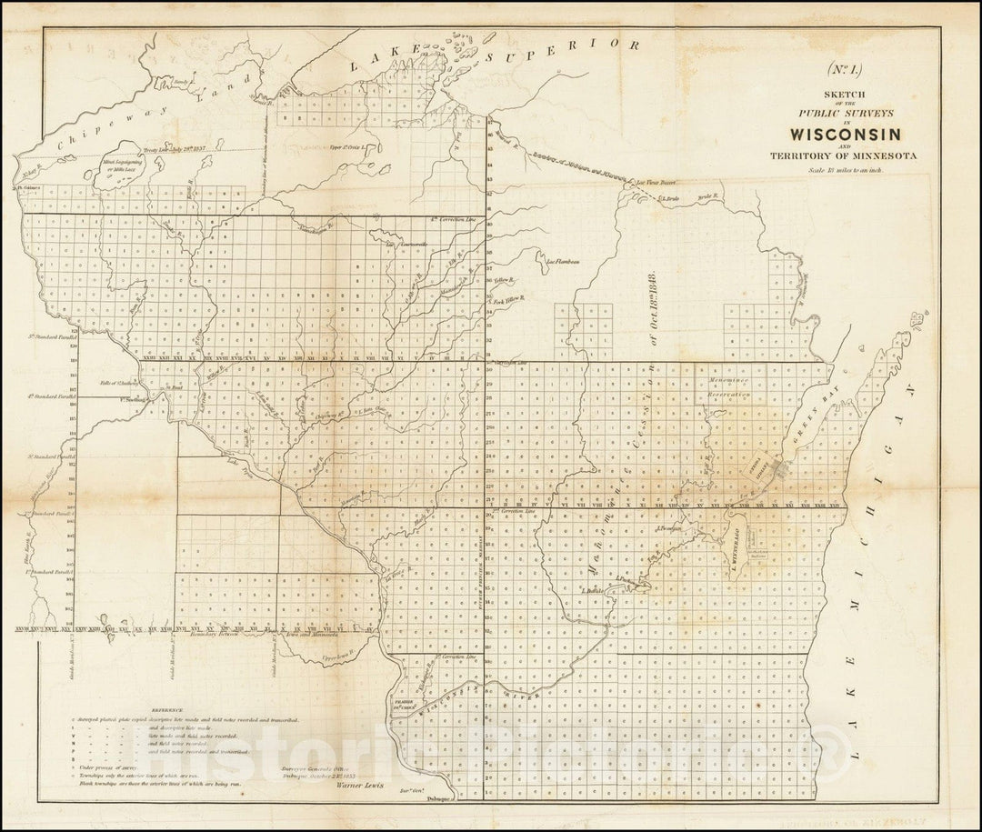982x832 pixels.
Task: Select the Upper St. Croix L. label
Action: (x=347, y=145)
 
